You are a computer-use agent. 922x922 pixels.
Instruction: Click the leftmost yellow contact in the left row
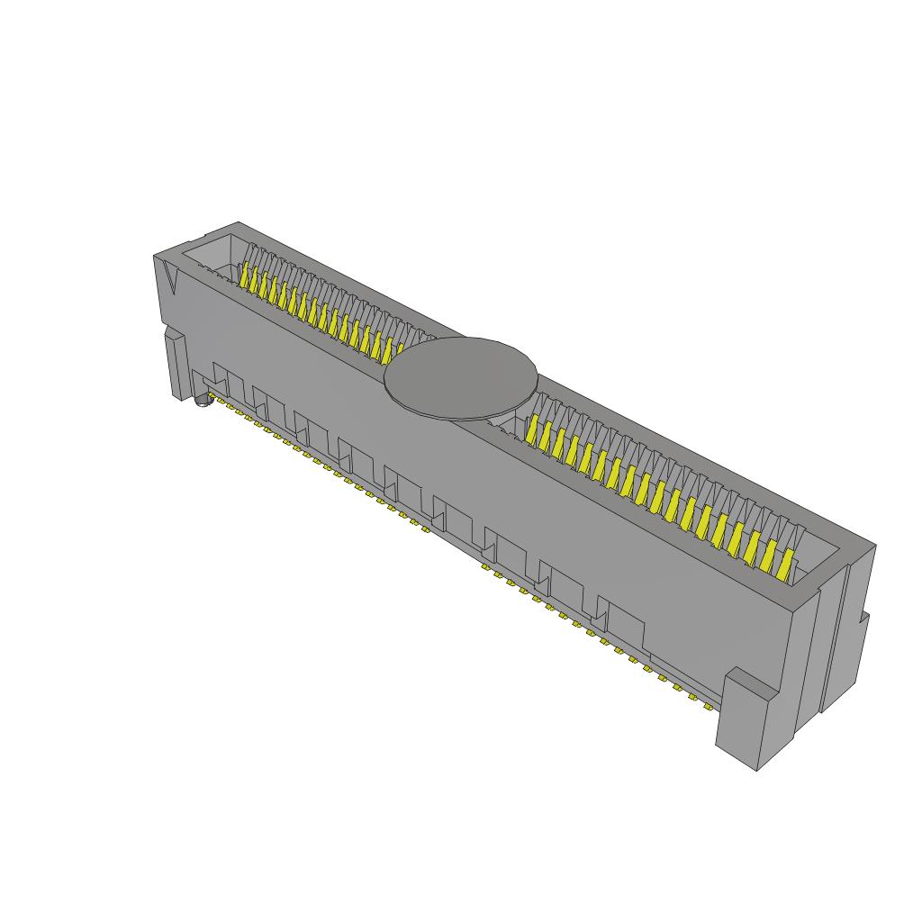(x=245, y=275)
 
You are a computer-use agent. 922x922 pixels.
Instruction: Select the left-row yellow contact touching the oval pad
(x=400, y=349)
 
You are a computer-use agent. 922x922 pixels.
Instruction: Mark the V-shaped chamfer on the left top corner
(x=170, y=279)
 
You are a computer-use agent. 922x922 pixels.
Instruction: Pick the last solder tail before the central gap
(x=425, y=529)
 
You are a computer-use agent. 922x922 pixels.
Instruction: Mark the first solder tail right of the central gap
(x=485, y=570)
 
